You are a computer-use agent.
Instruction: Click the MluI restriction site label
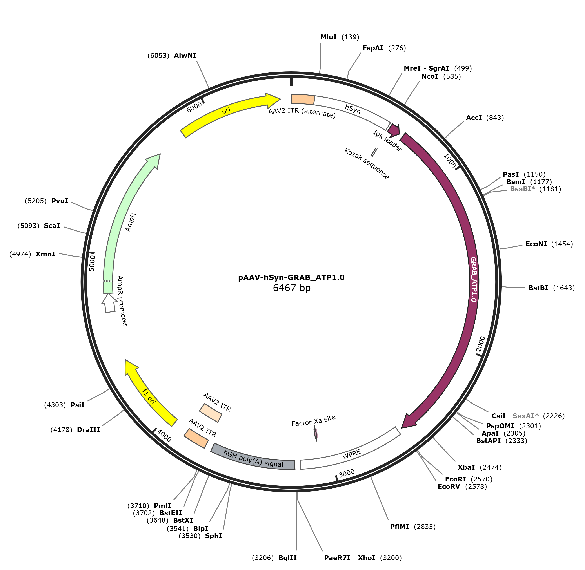pos(339,37)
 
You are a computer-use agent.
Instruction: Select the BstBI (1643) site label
pos(551,288)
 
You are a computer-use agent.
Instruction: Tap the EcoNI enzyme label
pos(549,244)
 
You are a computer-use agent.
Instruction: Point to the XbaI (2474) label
pos(479,467)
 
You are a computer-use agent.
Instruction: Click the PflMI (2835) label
pos(412,527)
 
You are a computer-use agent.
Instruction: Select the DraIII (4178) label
pos(75,430)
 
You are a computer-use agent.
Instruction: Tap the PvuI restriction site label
pos(46,201)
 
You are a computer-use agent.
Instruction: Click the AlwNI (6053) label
pos(172,56)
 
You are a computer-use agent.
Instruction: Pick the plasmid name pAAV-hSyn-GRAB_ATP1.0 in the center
pos(291,277)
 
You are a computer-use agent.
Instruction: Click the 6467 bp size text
pos(291,288)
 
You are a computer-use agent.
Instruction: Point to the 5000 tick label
pos(92,263)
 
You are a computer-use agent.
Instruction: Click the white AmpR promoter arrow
pos(109,303)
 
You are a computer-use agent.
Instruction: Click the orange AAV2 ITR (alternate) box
pos(303,99)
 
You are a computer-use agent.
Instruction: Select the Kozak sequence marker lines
pos(374,152)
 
